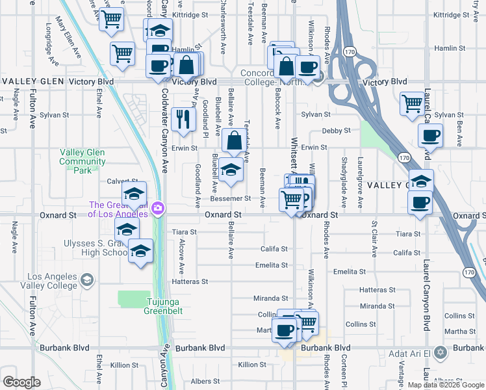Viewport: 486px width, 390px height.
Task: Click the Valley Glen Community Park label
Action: (x=82, y=161)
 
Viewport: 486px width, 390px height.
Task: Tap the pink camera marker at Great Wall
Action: (x=157, y=208)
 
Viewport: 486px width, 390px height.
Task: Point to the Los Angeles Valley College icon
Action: (x=87, y=279)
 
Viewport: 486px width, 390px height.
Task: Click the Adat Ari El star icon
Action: (x=441, y=353)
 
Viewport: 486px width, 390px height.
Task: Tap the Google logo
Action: (x=21, y=382)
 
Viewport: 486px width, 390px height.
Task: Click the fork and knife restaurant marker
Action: (x=183, y=119)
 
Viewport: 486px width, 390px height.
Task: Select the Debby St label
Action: (x=336, y=131)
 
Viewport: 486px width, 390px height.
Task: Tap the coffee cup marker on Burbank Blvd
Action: (x=285, y=330)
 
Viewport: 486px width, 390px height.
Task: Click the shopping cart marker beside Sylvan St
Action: (x=412, y=103)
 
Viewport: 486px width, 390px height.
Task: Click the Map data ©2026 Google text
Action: (x=446, y=385)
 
